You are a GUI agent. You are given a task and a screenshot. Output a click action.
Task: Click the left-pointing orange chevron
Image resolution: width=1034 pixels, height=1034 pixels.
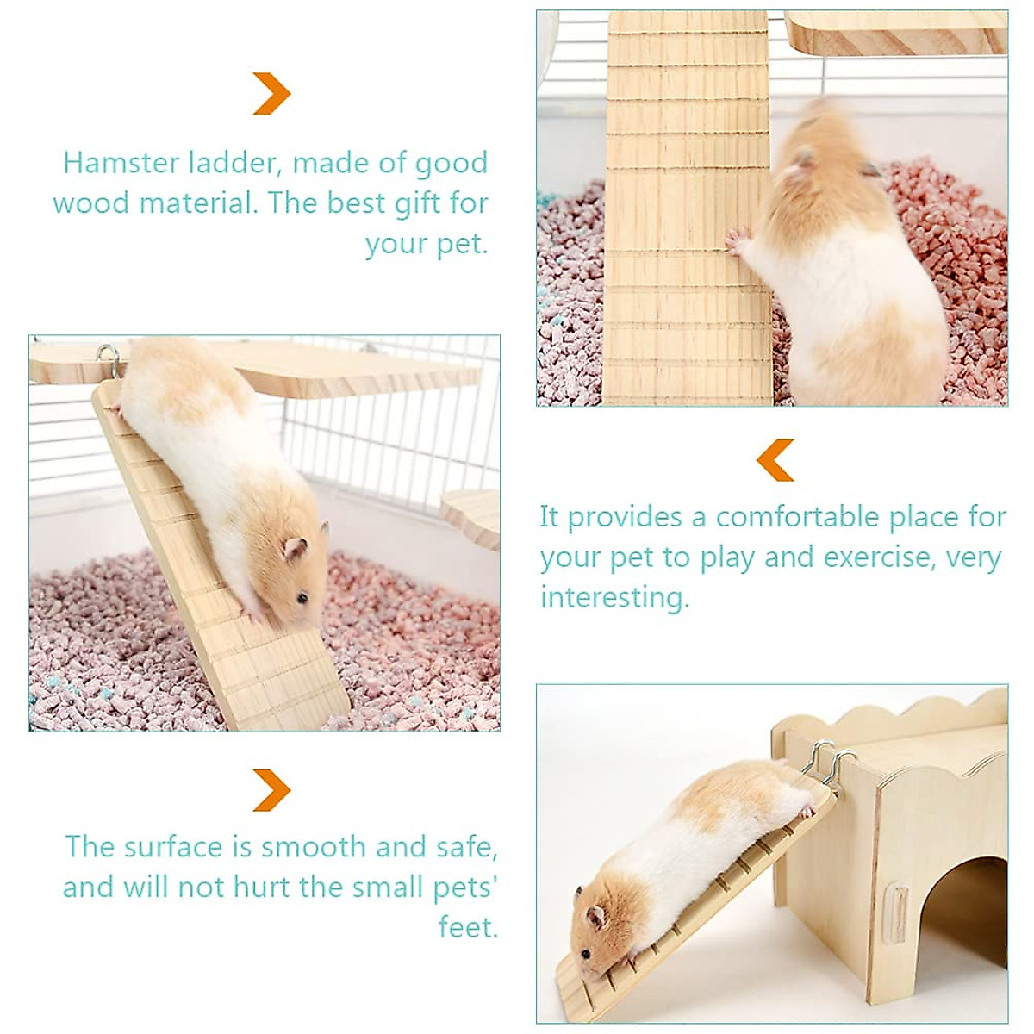coord(775,459)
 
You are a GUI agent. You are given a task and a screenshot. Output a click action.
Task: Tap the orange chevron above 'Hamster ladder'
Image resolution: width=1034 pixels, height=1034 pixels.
coord(271,94)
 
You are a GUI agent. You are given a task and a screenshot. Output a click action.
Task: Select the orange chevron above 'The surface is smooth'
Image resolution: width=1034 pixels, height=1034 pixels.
coord(271,789)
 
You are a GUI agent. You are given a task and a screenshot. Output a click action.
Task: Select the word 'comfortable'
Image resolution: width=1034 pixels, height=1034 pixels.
coord(807,517)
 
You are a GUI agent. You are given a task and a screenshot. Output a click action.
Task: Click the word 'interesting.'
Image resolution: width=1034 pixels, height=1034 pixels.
coord(615,597)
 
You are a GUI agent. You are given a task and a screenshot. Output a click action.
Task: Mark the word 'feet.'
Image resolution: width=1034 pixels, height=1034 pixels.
coord(468,927)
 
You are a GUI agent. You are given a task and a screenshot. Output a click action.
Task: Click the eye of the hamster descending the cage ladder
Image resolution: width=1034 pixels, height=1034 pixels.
coord(301,597)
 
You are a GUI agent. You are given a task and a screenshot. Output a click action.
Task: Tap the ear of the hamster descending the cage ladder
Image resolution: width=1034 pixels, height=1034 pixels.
coord(296,548)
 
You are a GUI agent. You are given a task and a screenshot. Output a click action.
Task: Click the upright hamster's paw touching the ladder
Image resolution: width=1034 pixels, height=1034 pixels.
coord(736,241)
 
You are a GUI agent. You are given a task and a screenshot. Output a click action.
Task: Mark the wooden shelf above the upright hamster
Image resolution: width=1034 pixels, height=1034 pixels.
coord(896,30)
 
